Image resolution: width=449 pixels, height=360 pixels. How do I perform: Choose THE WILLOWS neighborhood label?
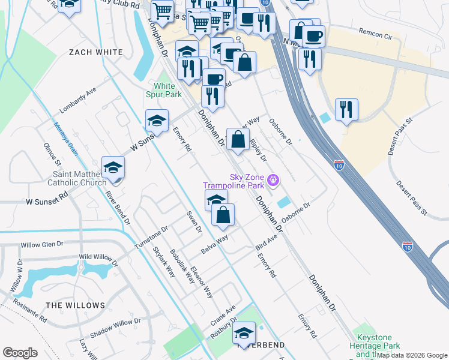(76, 305)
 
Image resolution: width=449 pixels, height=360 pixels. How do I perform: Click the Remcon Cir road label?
(379, 31)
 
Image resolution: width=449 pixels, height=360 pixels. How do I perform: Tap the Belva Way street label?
(214, 244)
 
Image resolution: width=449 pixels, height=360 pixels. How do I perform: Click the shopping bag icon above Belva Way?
(223, 215)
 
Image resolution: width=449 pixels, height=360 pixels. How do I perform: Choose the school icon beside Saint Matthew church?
(113, 169)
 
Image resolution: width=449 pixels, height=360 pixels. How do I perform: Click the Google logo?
(20, 353)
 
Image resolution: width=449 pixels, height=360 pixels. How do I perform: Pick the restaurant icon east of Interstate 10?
(346, 110)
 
